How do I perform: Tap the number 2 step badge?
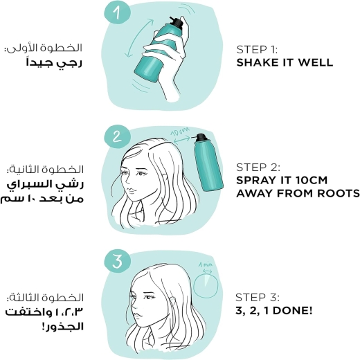point(117,136)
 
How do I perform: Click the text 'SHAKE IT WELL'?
point(285,62)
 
